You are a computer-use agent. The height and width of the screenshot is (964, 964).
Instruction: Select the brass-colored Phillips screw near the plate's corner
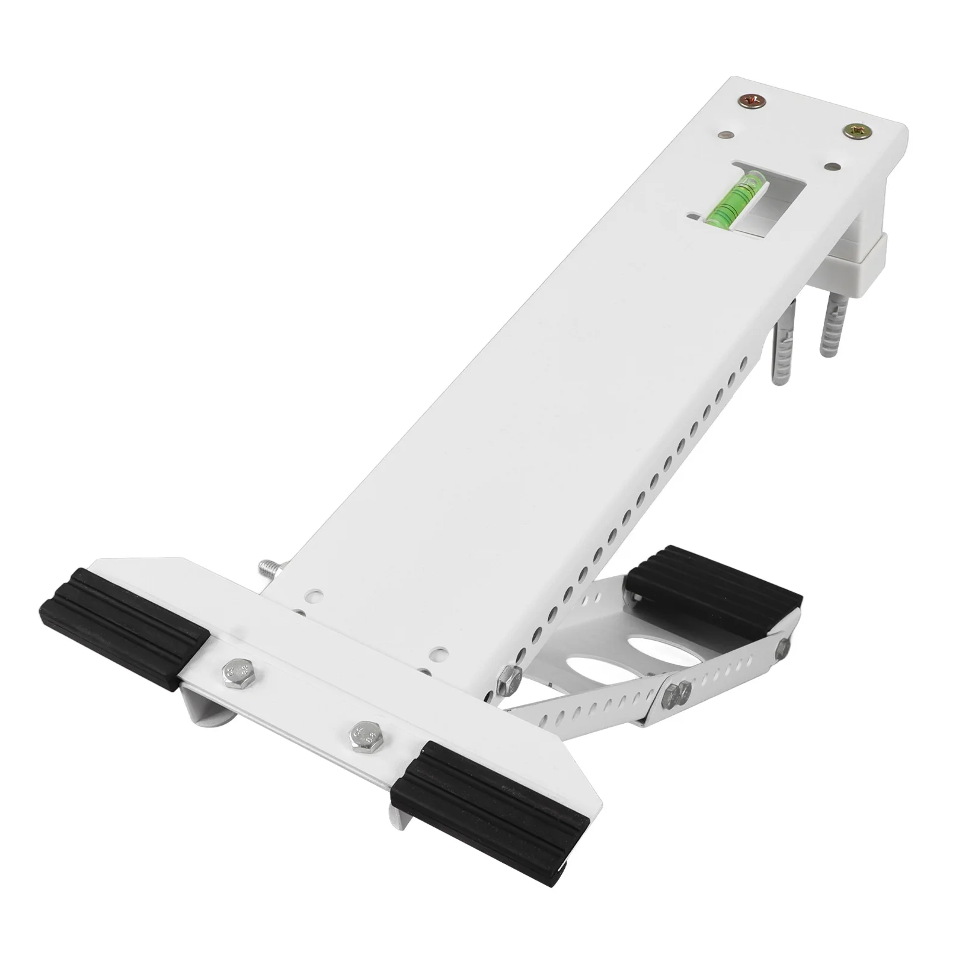point(856,131)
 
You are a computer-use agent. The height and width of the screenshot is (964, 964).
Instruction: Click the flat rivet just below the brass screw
point(833,166)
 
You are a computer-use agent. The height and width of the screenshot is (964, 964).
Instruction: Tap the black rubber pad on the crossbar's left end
point(123,627)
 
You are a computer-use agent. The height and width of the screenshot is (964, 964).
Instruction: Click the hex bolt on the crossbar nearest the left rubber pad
point(235,675)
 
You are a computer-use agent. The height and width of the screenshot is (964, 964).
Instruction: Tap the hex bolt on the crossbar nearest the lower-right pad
point(366,736)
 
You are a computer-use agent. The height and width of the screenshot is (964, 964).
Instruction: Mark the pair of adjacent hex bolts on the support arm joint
point(677,696)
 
